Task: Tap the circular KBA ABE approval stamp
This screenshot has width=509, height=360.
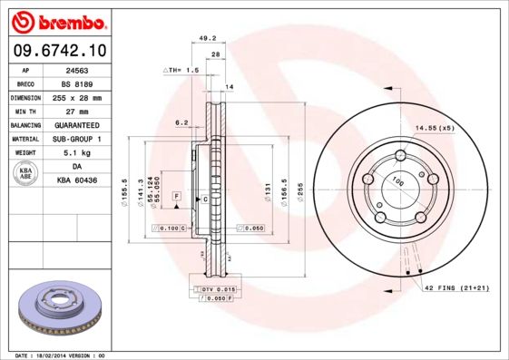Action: point(25,174)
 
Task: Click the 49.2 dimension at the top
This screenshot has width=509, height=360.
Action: point(207,38)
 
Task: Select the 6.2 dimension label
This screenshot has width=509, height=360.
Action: point(181,122)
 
